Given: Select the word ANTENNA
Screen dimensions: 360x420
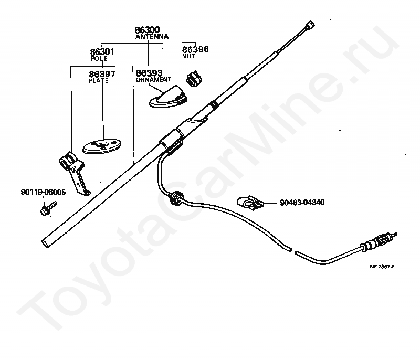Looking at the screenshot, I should pos(151,37).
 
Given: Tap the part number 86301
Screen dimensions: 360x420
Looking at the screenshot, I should pos(102,52).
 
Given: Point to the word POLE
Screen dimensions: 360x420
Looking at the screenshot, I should pos(99,59).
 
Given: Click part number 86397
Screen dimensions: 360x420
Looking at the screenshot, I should pos(102,74).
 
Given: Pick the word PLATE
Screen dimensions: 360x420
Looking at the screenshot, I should pos(99,81).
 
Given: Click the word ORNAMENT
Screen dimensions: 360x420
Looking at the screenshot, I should pos(153,80).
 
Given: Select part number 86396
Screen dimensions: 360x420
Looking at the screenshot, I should pos(195,49).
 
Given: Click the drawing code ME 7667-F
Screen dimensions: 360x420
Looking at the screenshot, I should pos(382,267).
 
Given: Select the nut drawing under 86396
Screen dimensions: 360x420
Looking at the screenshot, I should pos(194,79).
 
